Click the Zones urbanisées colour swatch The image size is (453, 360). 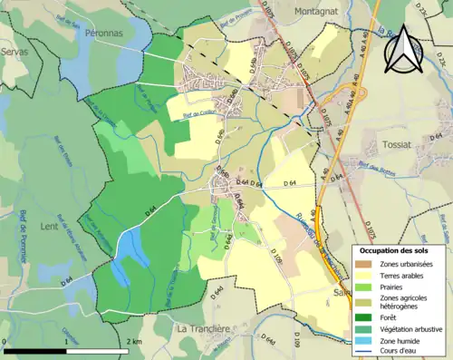(361, 263)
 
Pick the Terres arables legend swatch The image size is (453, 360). (361, 275)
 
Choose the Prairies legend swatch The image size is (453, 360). (361, 287)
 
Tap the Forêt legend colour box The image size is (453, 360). (361, 316)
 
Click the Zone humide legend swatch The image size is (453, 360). (361, 340)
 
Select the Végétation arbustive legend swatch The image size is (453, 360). (361, 328)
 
